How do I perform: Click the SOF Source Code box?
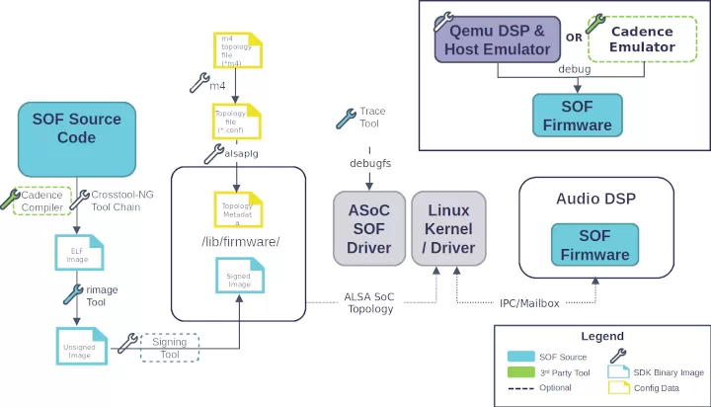pyautogui.click(x=76, y=138)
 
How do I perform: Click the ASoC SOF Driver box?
pyautogui.click(x=369, y=228)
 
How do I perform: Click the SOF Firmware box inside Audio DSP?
pyautogui.click(x=594, y=246)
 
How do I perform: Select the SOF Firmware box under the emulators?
pyautogui.click(x=577, y=115)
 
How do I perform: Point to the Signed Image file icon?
pyautogui.click(x=238, y=280)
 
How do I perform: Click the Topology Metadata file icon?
pyautogui.click(x=238, y=210)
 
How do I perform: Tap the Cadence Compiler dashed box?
pyautogui.click(x=42, y=201)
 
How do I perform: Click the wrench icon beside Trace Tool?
pyautogui.click(x=347, y=118)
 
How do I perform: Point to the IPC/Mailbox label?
pyautogui.click(x=529, y=302)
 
